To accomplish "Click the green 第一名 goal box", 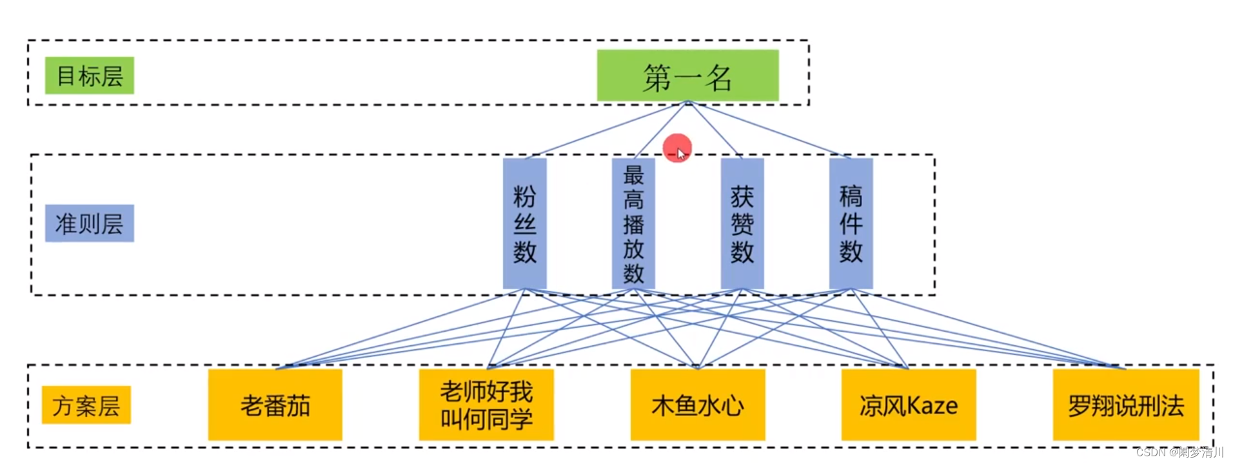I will click(687, 76).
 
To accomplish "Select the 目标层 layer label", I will click(89, 76).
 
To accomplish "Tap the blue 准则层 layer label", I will click(89, 223).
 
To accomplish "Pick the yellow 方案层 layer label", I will click(86, 405).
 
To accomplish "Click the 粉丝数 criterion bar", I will click(524, 223).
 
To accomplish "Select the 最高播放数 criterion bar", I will click(633, 223).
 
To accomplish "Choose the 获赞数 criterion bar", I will click(742, 223).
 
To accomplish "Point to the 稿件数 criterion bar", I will click(851, 223).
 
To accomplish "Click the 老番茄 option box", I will click(275, 405).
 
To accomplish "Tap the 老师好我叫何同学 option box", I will click(486, 405).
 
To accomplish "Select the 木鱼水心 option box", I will click(697, 405).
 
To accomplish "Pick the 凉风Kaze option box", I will click(908, 405).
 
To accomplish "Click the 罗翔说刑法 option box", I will click(1125, 405).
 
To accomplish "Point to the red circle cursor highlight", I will click(676, 148).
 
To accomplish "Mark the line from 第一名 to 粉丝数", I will click(606, 130).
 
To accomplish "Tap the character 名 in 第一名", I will click(718, 77).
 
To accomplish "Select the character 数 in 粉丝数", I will click(524, 251).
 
